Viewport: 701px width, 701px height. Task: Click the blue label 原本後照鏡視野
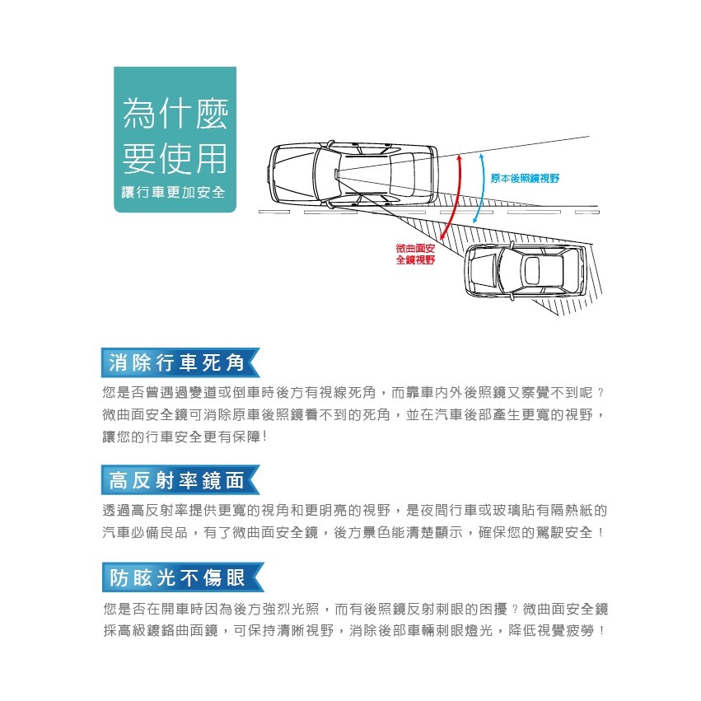tap(525, 179)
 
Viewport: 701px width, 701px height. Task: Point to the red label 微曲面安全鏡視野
tap(415, 254)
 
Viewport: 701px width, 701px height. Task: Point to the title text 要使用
tap(175, 158)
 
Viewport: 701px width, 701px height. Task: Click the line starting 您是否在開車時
tap(356, 610)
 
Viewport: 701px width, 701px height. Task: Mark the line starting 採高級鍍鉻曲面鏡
tap(356, 632)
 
